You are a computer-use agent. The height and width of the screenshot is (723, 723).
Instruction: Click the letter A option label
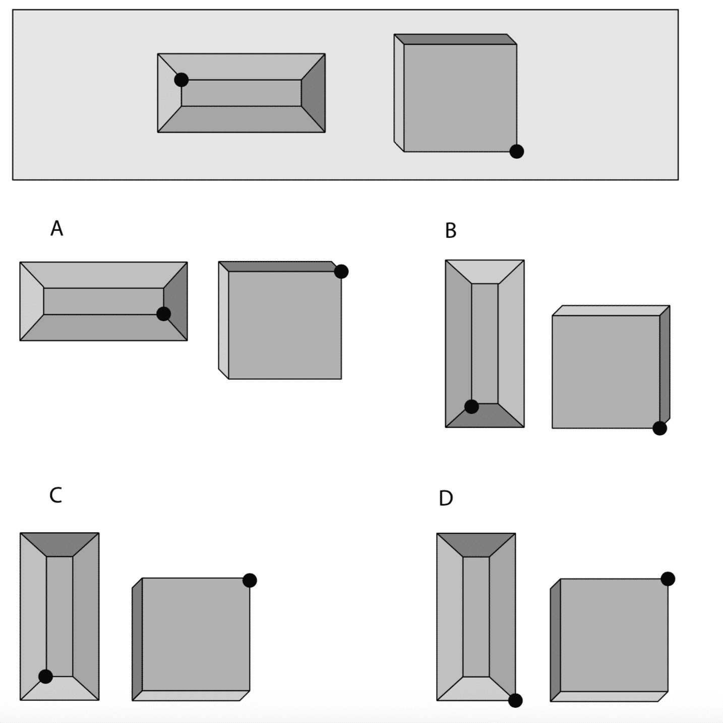pyautogui.click(x=56, y=228)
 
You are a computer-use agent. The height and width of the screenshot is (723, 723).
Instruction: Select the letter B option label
pyautogui.click(x=451, y=230)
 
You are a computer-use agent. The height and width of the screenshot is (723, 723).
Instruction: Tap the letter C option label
pyautogui.click(x=55, y=495)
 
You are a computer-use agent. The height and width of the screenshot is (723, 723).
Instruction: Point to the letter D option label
pyautogui.click(x=446, y=498)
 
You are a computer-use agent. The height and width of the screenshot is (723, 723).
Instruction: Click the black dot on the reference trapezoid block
pyautogui.click(x=182, y=80)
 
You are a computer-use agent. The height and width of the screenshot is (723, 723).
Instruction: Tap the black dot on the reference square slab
pyautogui.click(x=516, y=151)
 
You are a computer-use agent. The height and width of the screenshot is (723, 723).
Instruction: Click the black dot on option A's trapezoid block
pyautogui.click(x=163, y=314)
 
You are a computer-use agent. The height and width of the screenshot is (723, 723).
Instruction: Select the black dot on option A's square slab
pyautogui.click(x=341, y=271)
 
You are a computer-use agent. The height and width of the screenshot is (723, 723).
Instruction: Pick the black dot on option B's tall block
pyautogui.click(x=471, y=406)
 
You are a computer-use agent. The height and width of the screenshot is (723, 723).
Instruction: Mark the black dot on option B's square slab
pyautogui.click(x=659, y=428)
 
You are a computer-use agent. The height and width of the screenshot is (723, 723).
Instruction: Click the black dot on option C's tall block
pyautogui.click(x=45, y=676)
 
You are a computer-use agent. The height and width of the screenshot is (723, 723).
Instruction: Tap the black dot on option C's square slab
pyautogui.click(x=250, y=580)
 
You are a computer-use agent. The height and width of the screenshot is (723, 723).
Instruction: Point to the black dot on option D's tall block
pyautogui.click(x=515, y=700)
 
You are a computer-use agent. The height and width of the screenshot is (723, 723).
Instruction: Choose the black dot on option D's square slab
pyautogui.click(x=668, y=579)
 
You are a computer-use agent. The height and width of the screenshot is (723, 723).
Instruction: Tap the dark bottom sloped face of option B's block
pyautogui.click(x=485, y=416)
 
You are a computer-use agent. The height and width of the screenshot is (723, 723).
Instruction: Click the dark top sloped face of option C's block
pyautogui.click(x=59, y=544)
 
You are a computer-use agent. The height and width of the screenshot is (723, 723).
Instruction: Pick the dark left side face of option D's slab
pyautogui.click(x=555, y=640)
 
